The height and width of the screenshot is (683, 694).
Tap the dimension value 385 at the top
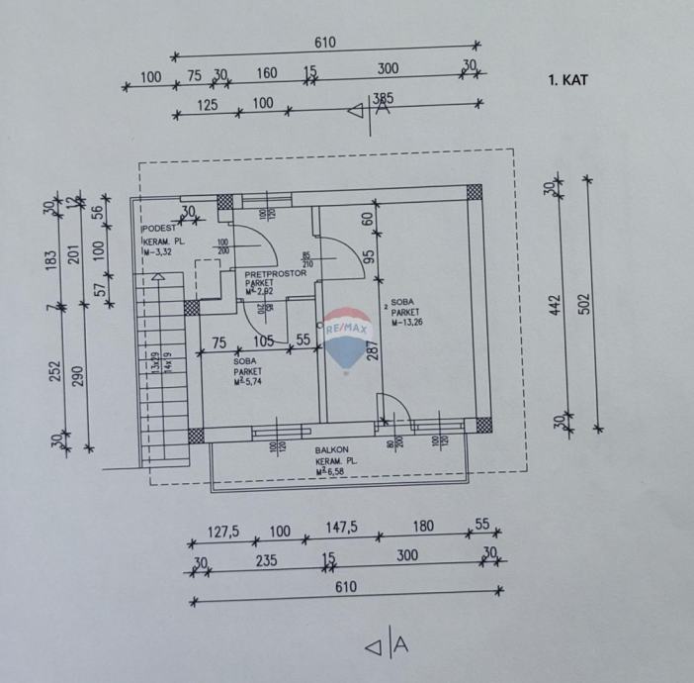(x=383, y=98)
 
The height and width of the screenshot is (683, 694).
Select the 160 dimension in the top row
(x=266, y=72)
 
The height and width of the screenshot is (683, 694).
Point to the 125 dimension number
(x=207, y=103)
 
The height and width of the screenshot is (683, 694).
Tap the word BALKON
(x=328, y=450)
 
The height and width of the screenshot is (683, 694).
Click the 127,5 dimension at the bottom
(x=222, y=530)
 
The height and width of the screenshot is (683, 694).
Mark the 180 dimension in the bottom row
(x=423, y=527)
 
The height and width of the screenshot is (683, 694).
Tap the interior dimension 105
(x=263, y=341)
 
